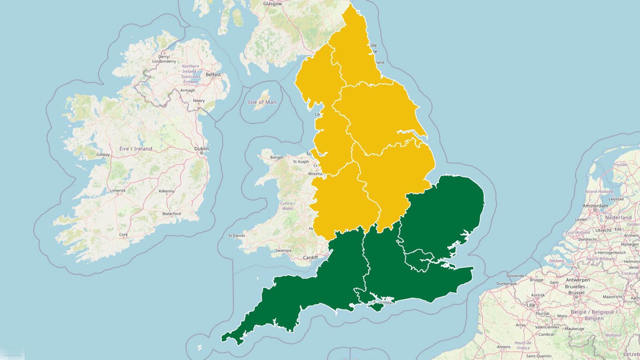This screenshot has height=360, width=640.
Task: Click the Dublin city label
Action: click(202, 149)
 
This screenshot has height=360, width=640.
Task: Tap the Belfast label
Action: click(213, 75)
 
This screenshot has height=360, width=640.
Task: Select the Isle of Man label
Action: click(262, 102)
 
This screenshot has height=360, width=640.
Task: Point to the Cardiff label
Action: click(310, 258)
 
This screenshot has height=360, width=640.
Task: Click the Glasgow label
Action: click(272, 4)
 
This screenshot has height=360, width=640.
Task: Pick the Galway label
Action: click(103, 155)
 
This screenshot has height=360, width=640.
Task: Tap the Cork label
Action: click(123, 235)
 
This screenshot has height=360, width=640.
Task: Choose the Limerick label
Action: click(118, 191)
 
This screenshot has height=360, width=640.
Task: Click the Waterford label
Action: click(171, 214)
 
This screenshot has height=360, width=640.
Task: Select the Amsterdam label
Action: click(595, 206)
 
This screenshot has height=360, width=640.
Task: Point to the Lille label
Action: click(531, 305)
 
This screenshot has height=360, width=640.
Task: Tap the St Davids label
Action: click(237, 236)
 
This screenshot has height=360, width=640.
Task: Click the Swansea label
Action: click(283, 251)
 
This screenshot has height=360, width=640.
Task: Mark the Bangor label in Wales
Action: click(277, 157)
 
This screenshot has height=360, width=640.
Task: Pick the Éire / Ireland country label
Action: click(136, 149)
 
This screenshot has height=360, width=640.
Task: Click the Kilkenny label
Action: click(167, 191)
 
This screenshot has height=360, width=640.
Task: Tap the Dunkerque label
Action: click(506, 284)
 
